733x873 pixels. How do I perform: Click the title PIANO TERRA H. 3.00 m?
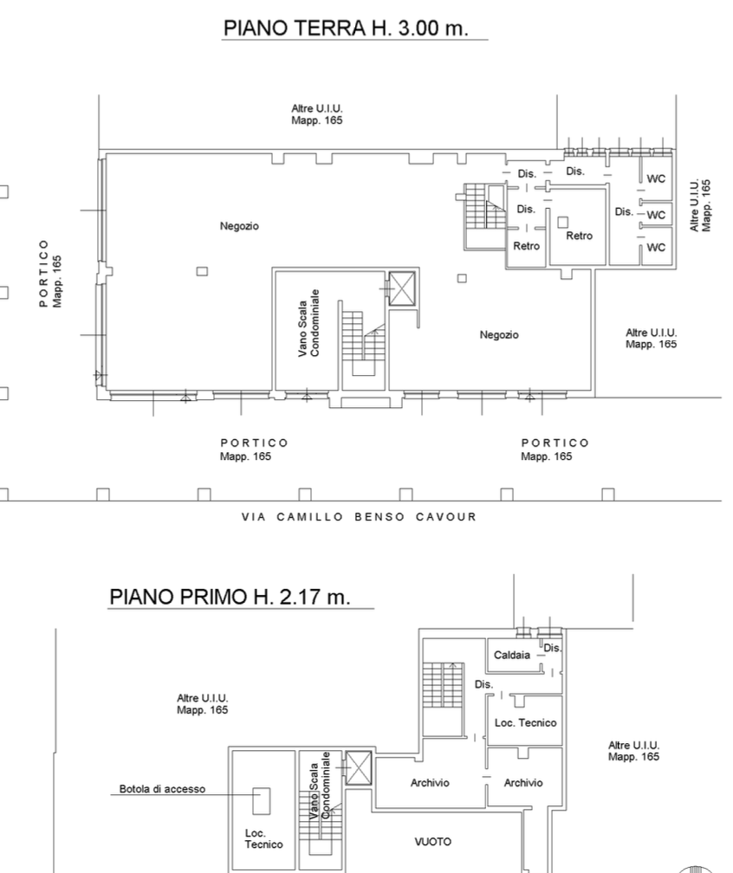pyautogui.click(x=346, y=28)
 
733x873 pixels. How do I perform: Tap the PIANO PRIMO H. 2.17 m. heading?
pyautogui.click(x=230, y=596)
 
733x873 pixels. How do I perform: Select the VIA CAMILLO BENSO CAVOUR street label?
pyautogui.click(x=360, y=517)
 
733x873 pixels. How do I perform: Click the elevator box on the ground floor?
pyautogui.click(x=402, y=288)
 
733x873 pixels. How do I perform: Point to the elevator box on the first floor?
pyautogui.click(x=358, y=767)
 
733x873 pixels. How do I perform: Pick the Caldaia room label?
pyautogui.click(x=511, y=655)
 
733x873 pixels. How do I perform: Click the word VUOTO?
pyautogui.click(x=433, y=842)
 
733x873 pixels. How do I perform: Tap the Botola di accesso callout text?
pyautogui.click(x=162, y=789)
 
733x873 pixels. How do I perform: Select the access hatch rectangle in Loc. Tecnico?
pyautogui.click(x=261, y=800)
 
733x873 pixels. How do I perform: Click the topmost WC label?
pyautogui.click(x=656, y=178)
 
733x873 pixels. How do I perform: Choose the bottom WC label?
pyautogui.click(x=656, y=247)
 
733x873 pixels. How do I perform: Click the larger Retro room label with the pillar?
pyautogui.click(x=580, y=236)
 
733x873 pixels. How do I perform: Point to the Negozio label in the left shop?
pyautogui.click(x=239, y=226)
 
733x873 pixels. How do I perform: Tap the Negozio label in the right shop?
pyautogui.click(x=499, y=334)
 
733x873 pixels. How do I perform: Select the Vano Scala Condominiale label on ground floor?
pyautogui.click(x=308, y=323)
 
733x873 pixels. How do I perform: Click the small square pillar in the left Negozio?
pyautogui.click(x=202, y=271)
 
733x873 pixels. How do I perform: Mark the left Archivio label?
pyautogui.click(x=430, y=783)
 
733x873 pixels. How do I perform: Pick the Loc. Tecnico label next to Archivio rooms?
pyautogui.click(x=525, y=722)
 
